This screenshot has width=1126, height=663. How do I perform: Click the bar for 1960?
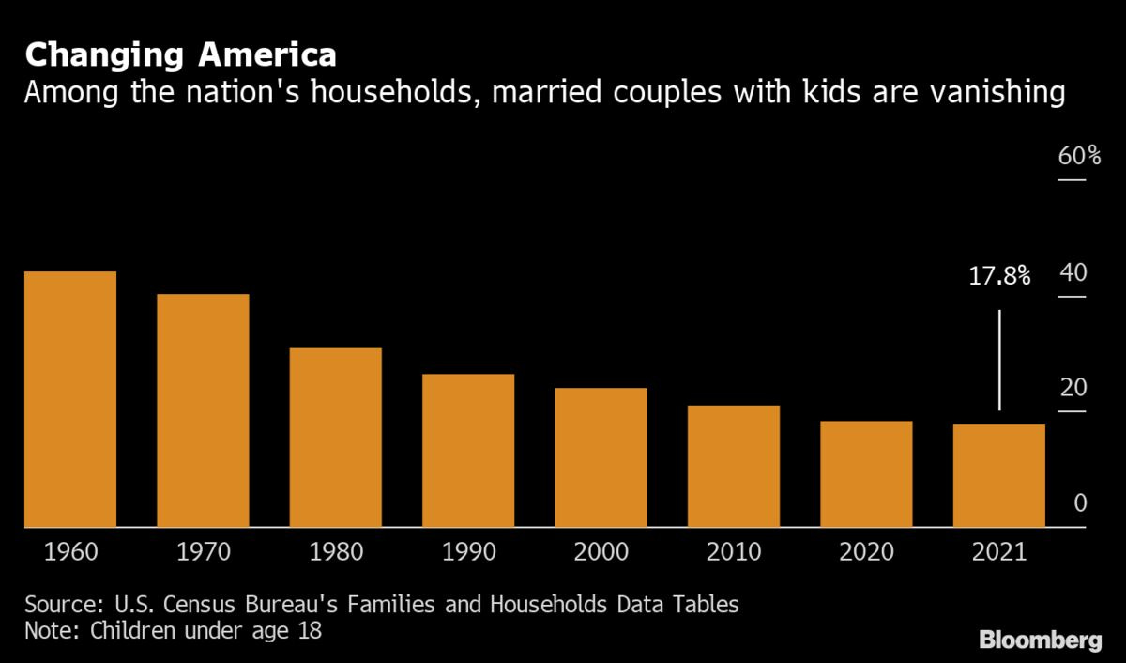(70, 399)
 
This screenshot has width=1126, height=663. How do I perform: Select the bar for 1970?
(203, 410)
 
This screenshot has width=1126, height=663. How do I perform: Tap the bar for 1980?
(336, 438)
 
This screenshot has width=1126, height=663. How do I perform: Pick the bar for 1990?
(468, 451)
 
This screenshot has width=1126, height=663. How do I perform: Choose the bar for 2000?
(601, 457)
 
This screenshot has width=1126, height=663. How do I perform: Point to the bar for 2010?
(734, 466)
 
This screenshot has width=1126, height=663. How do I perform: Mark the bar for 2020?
(867, 474)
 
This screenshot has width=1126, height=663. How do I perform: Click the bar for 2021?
(999, 476)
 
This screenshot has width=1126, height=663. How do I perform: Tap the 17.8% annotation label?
(999, 276)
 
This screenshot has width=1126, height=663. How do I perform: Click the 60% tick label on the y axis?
(1079, 156)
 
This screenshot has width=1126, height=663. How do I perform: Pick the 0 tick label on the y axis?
(1079, 504)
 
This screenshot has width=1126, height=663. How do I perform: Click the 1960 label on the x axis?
(70, 551)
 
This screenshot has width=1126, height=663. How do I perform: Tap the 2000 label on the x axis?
(601, 551)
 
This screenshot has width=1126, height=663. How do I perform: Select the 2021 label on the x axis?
(999, 551)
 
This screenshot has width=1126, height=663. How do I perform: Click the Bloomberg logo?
(1041, 640)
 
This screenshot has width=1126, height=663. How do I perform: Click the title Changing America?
(180, 55)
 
